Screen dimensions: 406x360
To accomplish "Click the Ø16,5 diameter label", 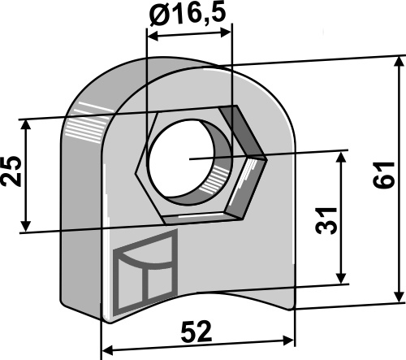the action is click(x=188, y=14).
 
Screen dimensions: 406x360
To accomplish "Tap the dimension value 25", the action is click(x=11, y=171).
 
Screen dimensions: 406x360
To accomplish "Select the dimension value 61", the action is click(x=384, y=175).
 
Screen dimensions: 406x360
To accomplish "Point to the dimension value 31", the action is click(x=326, y=221).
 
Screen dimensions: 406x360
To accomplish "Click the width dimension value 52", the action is click(x=197, y=332).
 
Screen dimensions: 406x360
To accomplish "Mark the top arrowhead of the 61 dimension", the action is click(x=399, y=62).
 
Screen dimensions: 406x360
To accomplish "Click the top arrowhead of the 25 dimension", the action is click(x=26, y=125).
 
